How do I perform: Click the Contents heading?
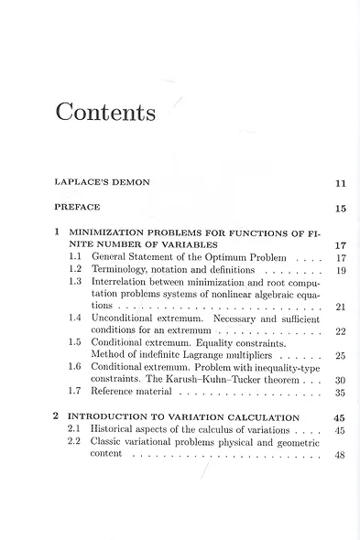pos(105,113)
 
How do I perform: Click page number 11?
pos(341,184)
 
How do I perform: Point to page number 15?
pos(341,209)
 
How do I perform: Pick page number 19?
pos(341,272)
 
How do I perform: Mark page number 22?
pos(341,331)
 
